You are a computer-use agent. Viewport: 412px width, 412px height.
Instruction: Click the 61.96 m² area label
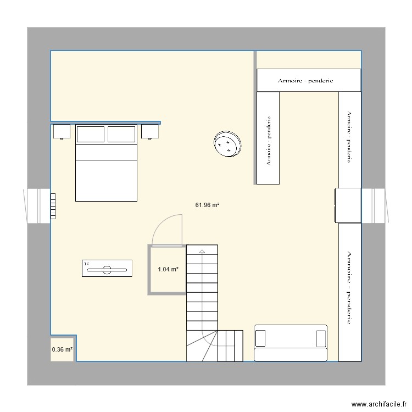pos(207,205)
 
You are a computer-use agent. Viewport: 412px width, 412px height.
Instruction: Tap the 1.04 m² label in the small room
pos(168,269)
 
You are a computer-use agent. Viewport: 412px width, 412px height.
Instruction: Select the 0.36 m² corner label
pos(62,349)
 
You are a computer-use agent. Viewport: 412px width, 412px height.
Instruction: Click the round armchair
pos(227,144)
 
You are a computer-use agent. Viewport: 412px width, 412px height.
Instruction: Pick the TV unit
pos(107,269)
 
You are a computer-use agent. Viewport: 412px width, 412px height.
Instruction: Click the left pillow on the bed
pos(90,134)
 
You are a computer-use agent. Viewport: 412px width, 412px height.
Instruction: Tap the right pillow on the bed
pos(121,134)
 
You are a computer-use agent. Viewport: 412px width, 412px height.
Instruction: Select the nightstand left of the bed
pos(62,132)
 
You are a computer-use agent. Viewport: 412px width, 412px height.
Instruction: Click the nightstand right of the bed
pos(150,132)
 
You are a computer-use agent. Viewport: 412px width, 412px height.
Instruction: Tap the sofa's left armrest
pos(261,338)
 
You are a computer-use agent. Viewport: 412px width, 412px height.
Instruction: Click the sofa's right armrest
pos(321,338)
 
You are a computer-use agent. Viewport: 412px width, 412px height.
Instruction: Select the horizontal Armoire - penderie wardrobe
pos(309,80)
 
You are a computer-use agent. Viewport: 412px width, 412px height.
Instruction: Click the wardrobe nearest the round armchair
pos(269,138)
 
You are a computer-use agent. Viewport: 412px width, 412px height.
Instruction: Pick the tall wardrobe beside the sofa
pos(349,291)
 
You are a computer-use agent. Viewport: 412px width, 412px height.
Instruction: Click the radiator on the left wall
pos(53,206)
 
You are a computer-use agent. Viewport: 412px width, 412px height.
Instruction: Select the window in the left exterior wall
pos(37,206)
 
